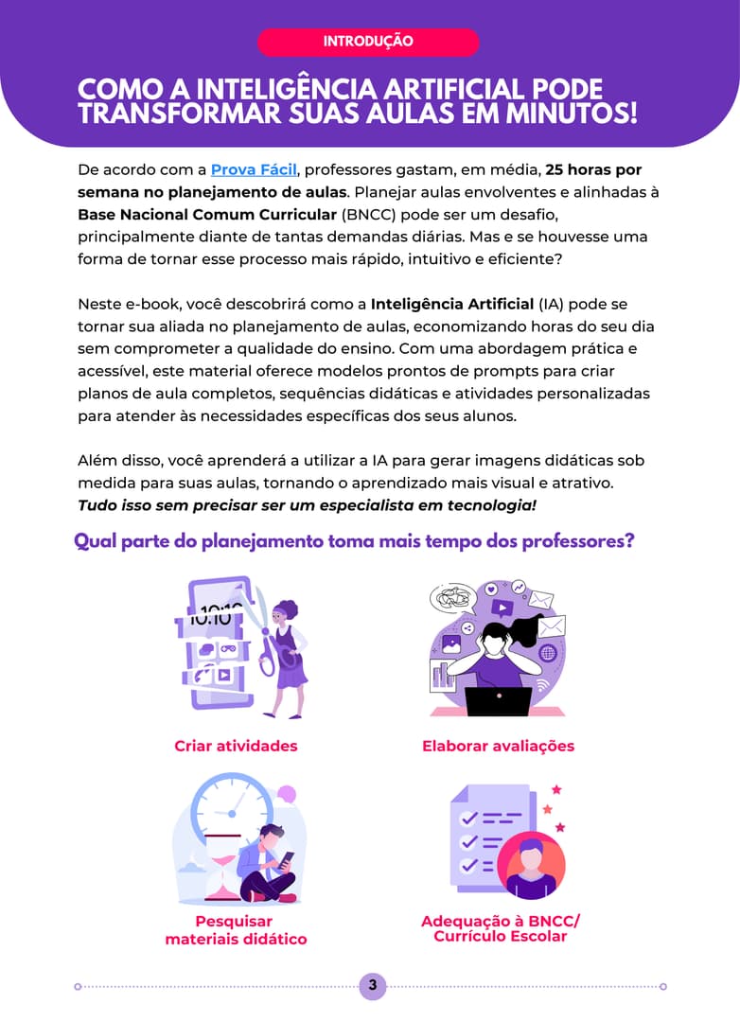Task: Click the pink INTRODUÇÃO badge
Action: [368, 42]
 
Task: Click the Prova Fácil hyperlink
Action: [254, 170]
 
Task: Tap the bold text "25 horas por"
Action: [593, 170]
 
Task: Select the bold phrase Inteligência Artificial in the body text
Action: [452, 305]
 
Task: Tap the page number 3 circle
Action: [372, 985]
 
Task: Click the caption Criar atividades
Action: [236, 747]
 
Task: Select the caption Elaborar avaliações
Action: [498, 747]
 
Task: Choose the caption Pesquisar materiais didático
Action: [236, 930]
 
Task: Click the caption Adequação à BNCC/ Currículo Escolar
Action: [500, 929]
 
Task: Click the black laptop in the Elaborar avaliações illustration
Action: [499, 701]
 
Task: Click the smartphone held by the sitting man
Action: [286, 860]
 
